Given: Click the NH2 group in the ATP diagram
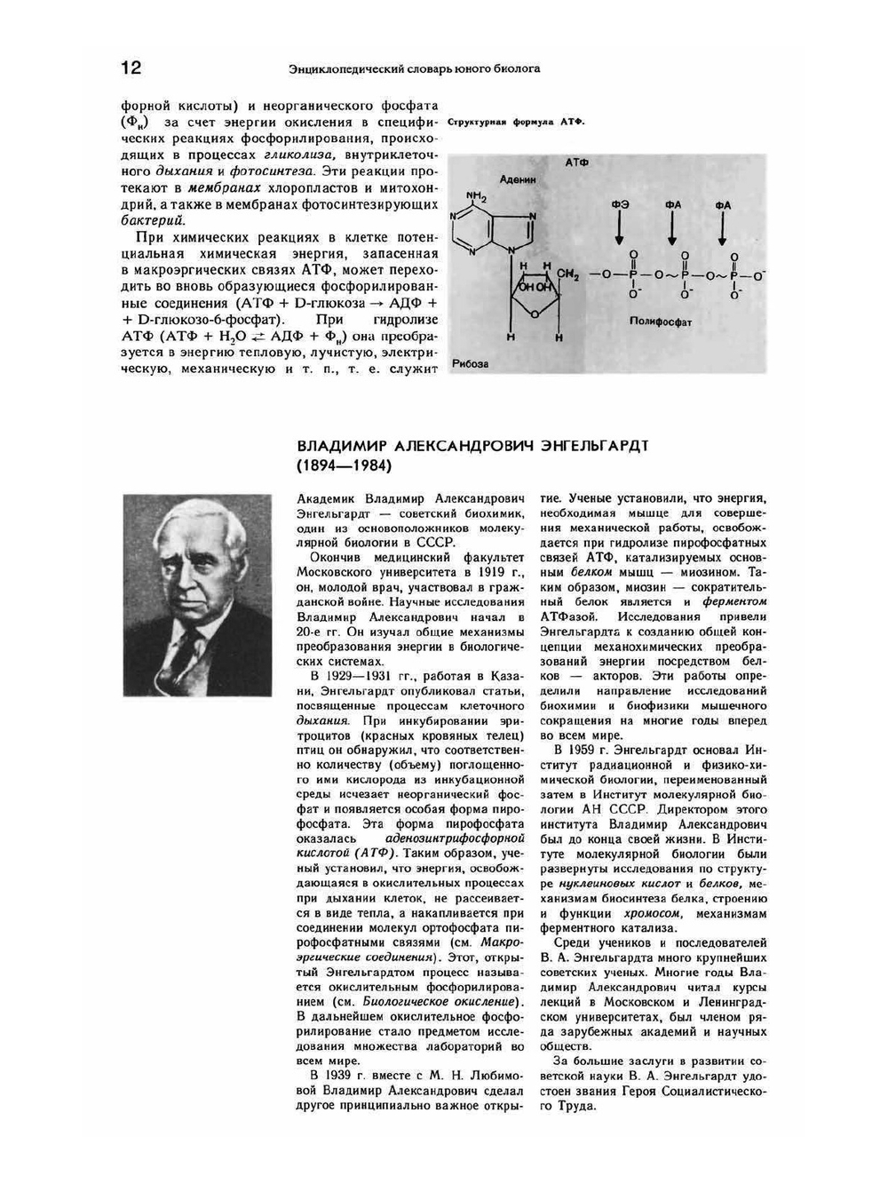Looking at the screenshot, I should (x=477, y=196).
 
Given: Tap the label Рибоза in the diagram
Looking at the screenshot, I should (x=470, y=363).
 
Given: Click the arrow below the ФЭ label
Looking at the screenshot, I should (x=620, y=230).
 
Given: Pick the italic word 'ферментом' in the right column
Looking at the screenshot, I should (x=733, y=601).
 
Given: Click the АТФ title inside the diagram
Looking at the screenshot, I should (x=576, y=163).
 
